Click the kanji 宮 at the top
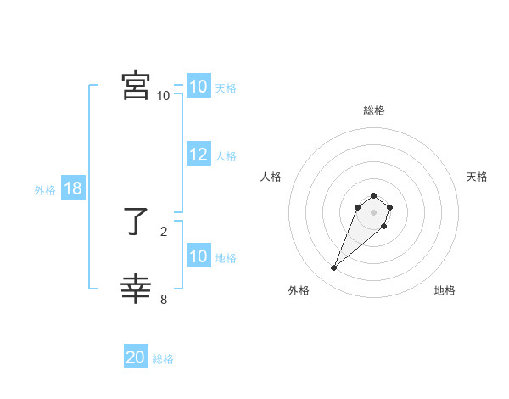[136, 85]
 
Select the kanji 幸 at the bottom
[136, 289]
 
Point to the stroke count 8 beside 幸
[164, 298]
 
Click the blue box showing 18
[73, 189]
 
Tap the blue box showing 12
[199, 155]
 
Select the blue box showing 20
[136, 357]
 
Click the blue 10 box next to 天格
[199, 87]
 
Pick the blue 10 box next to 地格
[199, 256]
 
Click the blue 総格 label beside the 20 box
[163, 359]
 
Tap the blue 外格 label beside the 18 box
[45, 190]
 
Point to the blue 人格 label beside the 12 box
[226, 156]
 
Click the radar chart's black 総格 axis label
[373, 110]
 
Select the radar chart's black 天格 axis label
[477, 177]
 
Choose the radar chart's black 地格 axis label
[445, 291]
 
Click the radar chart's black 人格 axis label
[271, 177]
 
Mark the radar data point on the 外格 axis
[334, 268]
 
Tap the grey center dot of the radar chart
[373, 211]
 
